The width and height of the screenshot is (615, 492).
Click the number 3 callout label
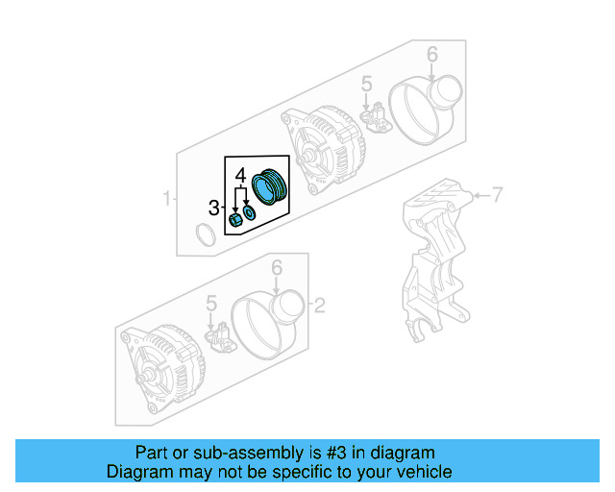(x=214, y=207)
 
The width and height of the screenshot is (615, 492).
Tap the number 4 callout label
(x=241, y=174)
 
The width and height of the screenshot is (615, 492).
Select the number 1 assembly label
(x=166, y=200)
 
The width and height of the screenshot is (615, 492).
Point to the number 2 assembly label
(x=320, y=307)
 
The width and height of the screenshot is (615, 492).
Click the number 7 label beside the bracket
(x=498, y=197)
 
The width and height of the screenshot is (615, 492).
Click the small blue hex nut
(x=234, y=223)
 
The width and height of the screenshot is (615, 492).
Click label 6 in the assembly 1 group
(x=431, y=54)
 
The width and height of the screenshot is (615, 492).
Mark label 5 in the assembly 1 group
(x=366, y=87)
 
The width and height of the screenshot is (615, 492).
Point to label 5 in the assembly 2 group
(x=211, y=306)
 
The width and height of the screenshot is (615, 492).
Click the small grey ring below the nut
(x=205, y=234)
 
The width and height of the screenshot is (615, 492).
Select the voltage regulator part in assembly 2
(x=220, y=337)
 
